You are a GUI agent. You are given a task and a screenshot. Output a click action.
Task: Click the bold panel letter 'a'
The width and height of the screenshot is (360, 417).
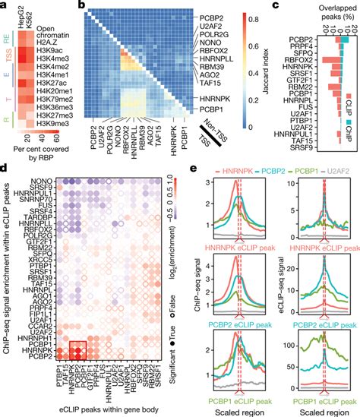6,6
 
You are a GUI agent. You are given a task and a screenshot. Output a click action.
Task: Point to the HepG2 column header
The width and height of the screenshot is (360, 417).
20,13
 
